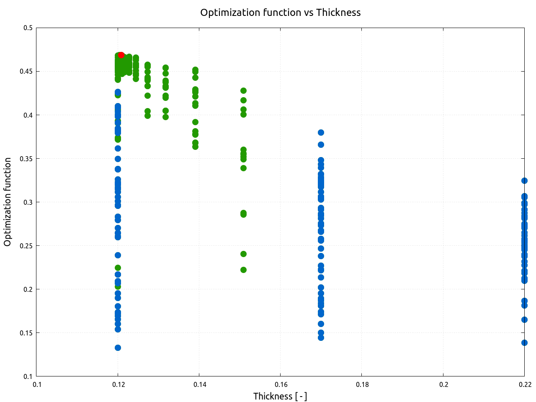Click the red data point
[x=121, y=55]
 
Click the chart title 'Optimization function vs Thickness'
[x=280, y=13]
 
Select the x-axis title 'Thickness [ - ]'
[x=280, y=396]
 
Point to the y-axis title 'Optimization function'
[x=8, y=202]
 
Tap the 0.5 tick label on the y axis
[x=28, y=28]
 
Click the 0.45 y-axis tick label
[x=26, y=72]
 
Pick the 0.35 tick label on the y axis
[x=26, y=159]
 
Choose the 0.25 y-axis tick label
[x=26, y=246]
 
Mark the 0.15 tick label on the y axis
[x=26, y=333]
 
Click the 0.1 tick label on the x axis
[x=37, y=385]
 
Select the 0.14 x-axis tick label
[x=199, y=385]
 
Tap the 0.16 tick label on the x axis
[x=281, y=385]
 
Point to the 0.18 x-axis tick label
[x=362, y=385]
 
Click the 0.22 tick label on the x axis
[x=524, y=385]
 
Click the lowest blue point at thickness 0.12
[x=118, y=348]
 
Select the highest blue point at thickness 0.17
[x=321, y=132]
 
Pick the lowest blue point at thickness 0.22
[x=524, y=343]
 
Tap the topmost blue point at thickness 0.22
[x=524, y=180]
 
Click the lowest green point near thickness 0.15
[x=243, y=270]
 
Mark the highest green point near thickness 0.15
[x=243, y=90]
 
